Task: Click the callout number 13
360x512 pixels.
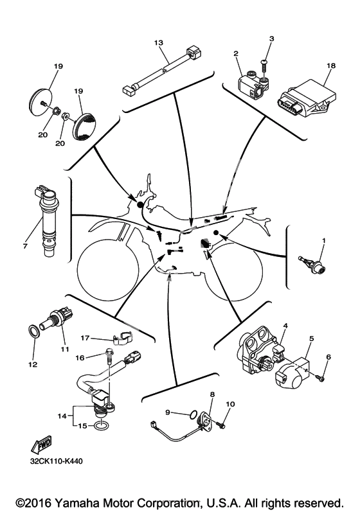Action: point(159,43)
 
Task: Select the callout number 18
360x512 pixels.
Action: point(331,66)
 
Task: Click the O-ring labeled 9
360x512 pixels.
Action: point(194,415)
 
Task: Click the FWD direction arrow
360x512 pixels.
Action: point(42,444)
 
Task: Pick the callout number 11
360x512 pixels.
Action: point(64,349)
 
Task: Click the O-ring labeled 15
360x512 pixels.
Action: point(101,426)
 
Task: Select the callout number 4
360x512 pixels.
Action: point(285,326)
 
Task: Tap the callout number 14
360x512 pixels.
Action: point(62,416)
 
